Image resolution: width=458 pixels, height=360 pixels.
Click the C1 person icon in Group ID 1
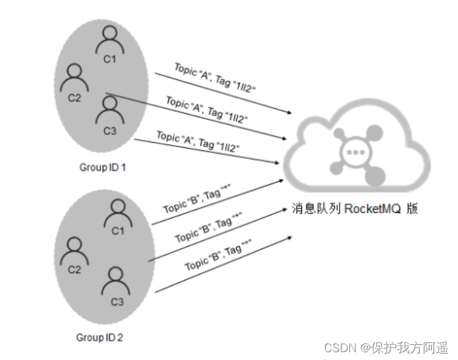109,41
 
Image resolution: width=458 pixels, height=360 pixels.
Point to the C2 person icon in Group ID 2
74,249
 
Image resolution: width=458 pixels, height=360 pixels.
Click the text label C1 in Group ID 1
109,59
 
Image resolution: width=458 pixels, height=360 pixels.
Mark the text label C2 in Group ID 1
74,98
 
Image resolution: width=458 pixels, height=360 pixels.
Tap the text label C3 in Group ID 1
109,131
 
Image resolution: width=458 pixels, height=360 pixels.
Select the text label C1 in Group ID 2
118,230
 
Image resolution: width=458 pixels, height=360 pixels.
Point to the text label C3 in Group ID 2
117,302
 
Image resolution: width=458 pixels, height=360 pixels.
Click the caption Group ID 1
102,167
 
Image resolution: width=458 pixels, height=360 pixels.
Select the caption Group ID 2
100,337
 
